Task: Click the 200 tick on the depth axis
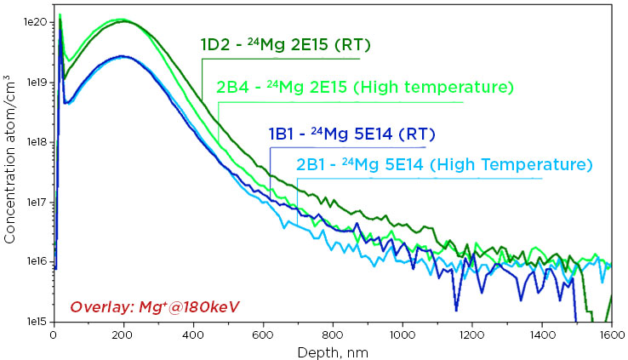123,335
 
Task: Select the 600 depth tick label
262,335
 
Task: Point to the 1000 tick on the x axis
402,335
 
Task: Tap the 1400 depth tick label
541,335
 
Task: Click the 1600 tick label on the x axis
610,335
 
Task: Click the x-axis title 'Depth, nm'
332,351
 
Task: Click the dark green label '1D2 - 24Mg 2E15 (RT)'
272,44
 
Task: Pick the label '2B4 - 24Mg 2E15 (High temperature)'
365,87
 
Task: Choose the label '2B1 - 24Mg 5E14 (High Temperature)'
443,164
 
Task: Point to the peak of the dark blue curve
123,56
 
